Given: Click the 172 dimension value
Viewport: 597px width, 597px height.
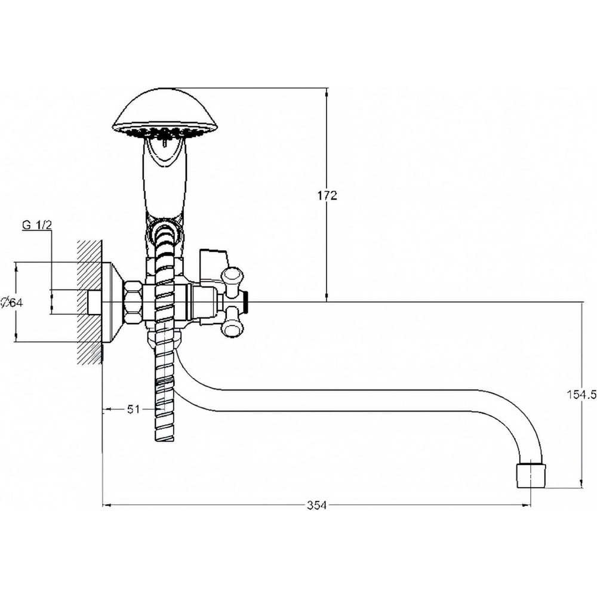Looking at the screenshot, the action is click(327, 196).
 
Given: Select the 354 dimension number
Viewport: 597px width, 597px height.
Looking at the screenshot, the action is click(317, 506).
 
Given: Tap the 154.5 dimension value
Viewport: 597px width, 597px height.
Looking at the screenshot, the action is click(581, 395).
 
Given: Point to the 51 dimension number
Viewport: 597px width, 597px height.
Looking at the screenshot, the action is click(133, 410).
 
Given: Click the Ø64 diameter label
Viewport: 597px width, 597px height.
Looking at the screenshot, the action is click(12, 303).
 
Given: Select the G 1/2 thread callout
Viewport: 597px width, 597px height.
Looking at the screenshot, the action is click(37, 225).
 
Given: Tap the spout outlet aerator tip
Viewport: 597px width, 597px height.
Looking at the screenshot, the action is click(531, 475).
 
